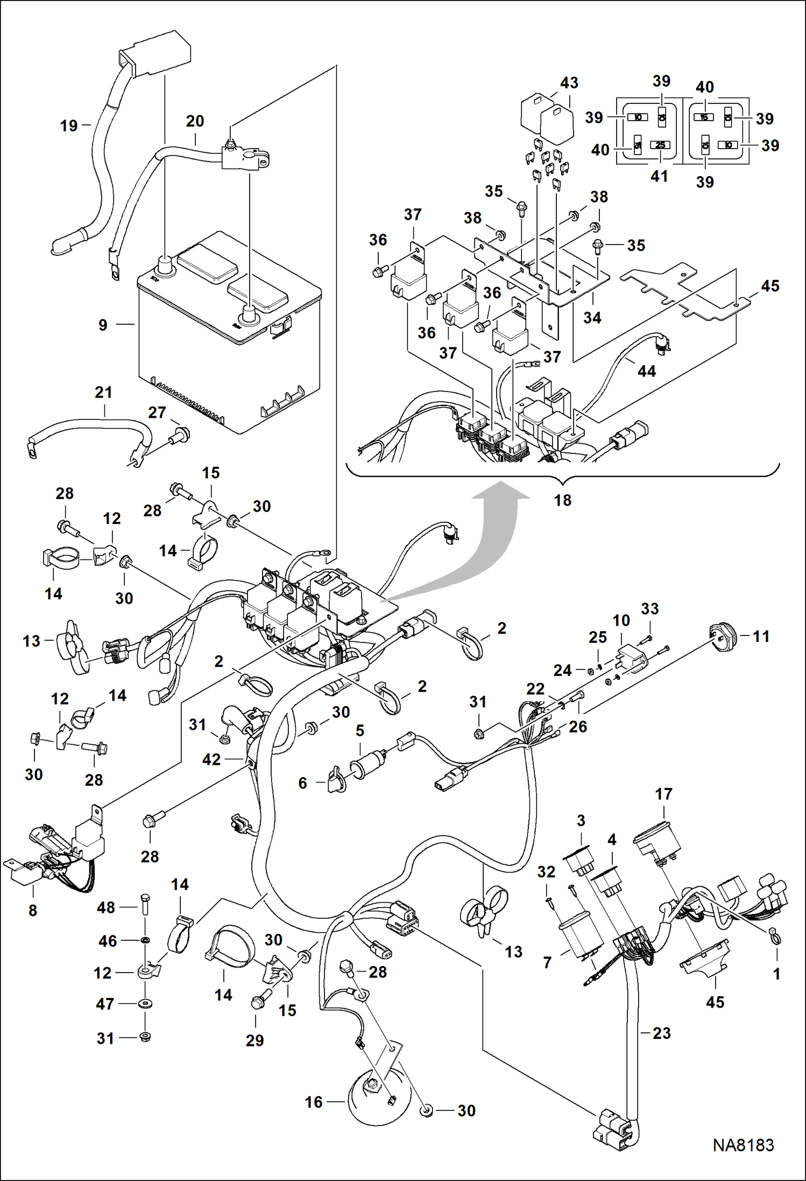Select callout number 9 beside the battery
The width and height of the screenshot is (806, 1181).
tap(103, 325)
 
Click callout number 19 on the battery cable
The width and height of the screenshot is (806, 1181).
tap(69, 126)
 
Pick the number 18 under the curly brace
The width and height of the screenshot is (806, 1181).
tap(562, 500)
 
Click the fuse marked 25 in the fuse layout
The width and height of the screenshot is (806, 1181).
tap(660, 145)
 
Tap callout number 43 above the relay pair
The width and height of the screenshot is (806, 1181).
tap(569, 83)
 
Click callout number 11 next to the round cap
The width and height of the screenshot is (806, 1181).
tap(761, 637)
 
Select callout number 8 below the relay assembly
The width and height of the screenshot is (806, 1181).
tap(33, 910)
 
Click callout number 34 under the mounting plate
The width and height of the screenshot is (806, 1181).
tap(592, 318)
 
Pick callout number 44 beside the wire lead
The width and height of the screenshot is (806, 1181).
tap(646, 371)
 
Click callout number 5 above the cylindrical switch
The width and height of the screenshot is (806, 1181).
tap(360, 731)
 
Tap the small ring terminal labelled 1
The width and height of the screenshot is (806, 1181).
tap(775, 938)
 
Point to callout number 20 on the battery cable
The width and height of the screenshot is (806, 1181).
tap(195, 121)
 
